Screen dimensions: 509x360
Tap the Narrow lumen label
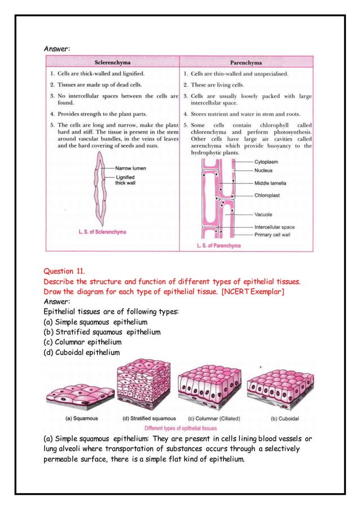coord(132,168)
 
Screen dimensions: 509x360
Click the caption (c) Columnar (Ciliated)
coord(210,419)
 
